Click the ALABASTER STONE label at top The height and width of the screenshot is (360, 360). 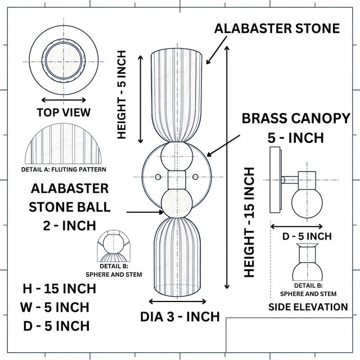tap(277, 29)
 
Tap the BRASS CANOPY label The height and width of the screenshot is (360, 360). tap(296, 119)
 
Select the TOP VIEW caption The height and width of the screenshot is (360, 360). tap(64, 112)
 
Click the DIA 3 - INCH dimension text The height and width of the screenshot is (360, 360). tap(180, 317)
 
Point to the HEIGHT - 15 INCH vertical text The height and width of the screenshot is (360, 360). tap(249, 222)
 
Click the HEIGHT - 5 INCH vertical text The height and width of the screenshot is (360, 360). tap(121, 94)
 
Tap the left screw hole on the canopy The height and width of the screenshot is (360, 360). tap(158, 177)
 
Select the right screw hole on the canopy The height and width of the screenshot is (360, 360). tap(195, 177)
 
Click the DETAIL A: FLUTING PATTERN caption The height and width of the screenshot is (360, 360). tap(64, 169)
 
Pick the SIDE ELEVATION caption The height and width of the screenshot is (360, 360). tap(308, 307)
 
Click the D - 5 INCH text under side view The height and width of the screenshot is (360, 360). tap(307, 236)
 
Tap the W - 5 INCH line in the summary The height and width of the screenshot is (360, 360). tap(55, 307)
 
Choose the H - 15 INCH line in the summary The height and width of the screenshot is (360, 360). tap(59, 289)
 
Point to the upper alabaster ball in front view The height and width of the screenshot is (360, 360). tap(177, 156)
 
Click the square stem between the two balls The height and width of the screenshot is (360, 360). tap(177, 180)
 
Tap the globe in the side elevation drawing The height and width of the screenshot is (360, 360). tap(307, 202)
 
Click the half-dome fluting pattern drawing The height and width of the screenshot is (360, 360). tap(63, 144)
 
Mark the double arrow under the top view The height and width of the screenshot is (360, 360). tap(64, 100)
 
